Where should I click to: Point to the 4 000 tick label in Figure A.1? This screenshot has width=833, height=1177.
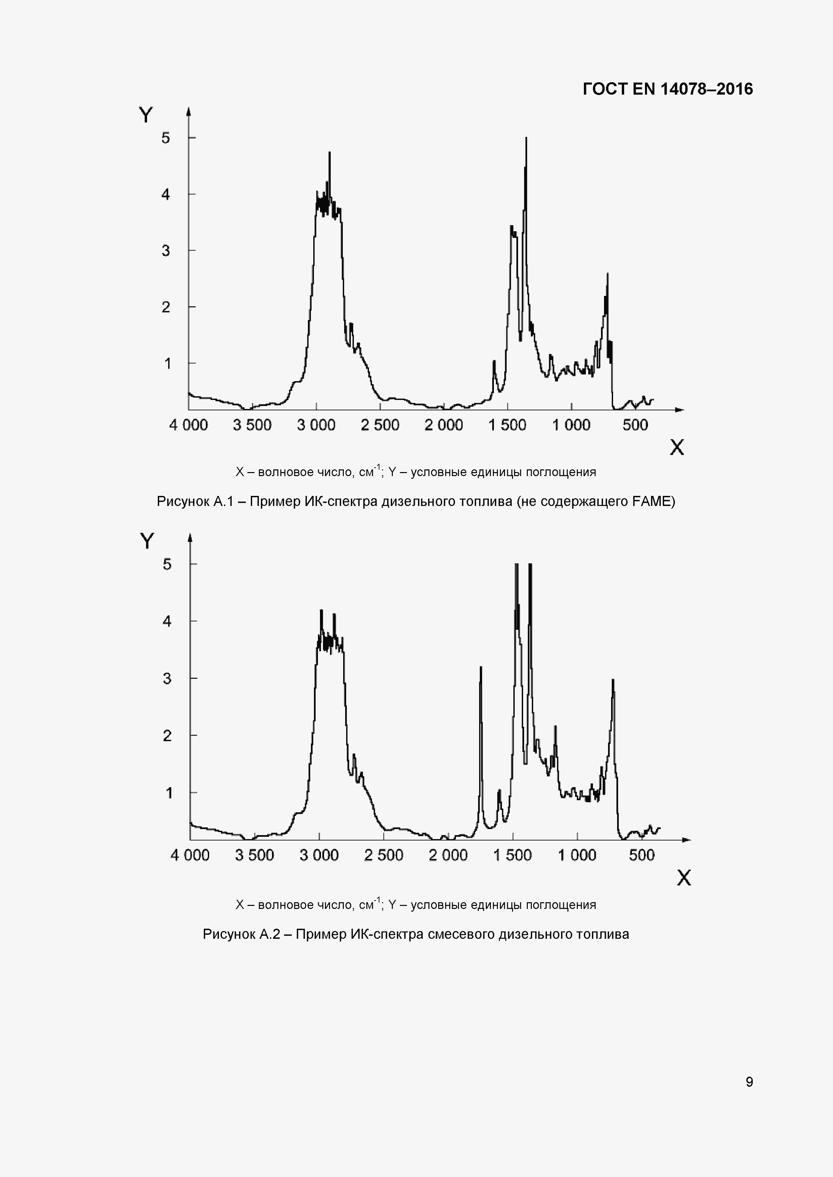[x=188, y=425]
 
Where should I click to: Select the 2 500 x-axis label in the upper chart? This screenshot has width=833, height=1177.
[x=380, y=425]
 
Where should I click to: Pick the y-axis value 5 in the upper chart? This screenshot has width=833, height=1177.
[x=166, y=138]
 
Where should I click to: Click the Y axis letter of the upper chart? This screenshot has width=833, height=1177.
[x=146, y=115]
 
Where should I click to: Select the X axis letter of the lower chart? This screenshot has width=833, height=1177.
[x=684, y=878]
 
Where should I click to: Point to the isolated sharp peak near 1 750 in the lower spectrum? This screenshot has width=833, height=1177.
[x=480, y=667]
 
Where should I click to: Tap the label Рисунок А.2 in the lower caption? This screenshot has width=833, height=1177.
[x=241, y=934]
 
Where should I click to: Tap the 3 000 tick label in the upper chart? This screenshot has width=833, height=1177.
[x=316, y=425]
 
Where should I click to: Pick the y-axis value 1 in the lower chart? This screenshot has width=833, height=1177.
[x=169, y=793]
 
